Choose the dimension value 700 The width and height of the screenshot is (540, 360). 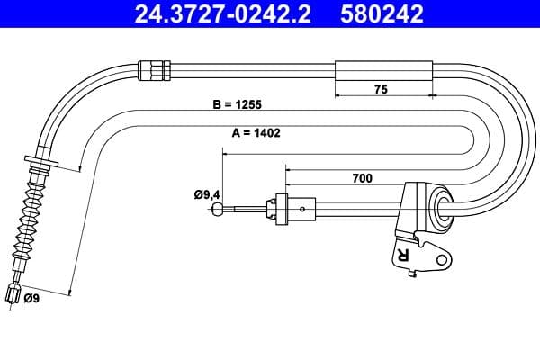(362, 178)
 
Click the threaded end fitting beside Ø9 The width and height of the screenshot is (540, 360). (13, 292)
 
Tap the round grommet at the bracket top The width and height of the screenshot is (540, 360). (442, 208)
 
